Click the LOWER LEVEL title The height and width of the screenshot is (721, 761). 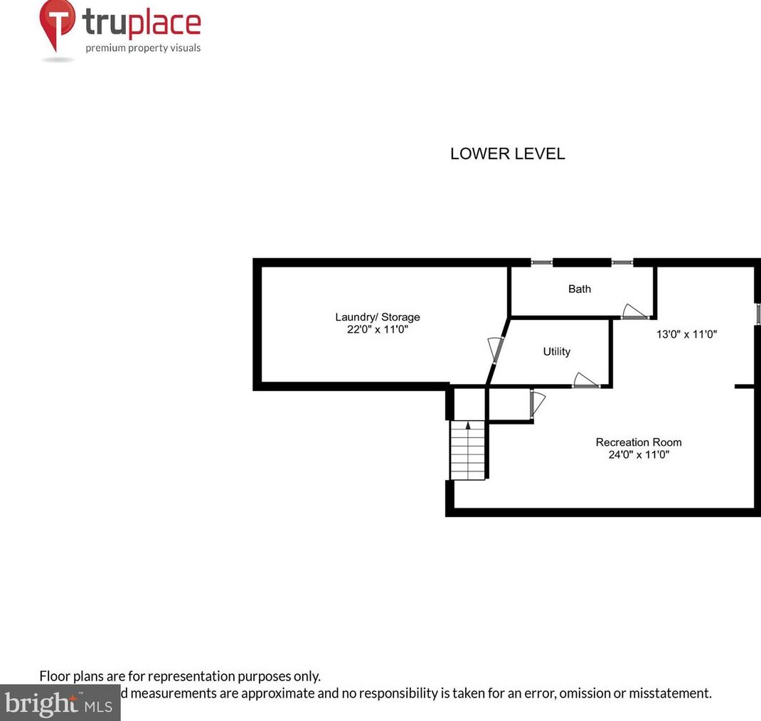507,154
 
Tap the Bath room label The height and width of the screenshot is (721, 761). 579,289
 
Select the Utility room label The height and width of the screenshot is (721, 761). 556,351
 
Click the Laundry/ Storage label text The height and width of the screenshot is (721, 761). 377,317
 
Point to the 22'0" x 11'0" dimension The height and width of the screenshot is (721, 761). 377,330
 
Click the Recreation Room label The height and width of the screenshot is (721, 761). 638,442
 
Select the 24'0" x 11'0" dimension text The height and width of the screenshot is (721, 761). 638,454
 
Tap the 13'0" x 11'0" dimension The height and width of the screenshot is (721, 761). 686,333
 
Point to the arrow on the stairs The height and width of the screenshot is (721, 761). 467,427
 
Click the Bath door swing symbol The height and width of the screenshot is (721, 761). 632,311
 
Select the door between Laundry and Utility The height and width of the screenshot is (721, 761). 495,349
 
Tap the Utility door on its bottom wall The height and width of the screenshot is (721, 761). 586,380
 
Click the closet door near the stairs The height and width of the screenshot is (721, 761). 536,403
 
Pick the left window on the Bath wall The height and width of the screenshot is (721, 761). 541,262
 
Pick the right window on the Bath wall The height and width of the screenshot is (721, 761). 622,262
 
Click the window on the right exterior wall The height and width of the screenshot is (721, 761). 757,314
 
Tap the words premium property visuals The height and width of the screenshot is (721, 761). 143,48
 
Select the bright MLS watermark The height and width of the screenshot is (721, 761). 57,705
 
